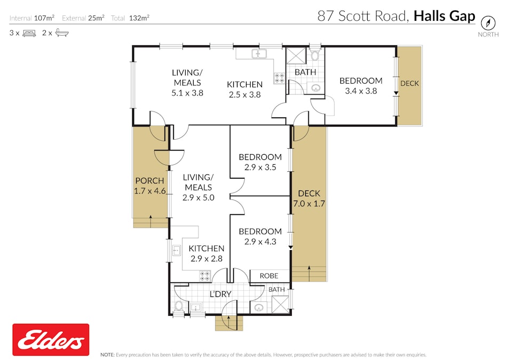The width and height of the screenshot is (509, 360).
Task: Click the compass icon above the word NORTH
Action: [x=488, y=23]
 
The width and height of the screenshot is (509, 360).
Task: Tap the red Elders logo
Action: [x=51, y=340]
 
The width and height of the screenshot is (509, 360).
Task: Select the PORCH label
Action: [x=149, y=181]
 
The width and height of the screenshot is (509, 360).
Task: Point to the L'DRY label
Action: [x=219, y=294]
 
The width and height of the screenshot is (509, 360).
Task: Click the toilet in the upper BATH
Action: [x=315, y=55]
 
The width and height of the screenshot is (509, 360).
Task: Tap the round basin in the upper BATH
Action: [x=316, y=88]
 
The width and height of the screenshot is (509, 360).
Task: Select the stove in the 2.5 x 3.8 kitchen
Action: [x=279, y=78]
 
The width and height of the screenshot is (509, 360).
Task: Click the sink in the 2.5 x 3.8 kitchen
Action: [x=260, y=53]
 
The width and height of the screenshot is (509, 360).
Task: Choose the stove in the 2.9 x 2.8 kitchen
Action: [x=204, y=276]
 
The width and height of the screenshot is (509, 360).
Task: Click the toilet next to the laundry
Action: [x=179, y=306]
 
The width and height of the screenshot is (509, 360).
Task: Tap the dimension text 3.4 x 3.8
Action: [x=361, y=91]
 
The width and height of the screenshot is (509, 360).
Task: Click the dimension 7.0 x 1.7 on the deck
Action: [x=309, y=203]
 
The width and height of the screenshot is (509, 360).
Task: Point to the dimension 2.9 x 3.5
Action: [x=260, y=167]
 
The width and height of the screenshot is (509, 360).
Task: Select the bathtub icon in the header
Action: [x=62, y=33]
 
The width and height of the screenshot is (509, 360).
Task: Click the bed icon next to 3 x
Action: [x=29, y=33]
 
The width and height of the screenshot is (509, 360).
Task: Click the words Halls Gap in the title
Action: [x=444, y=16]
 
